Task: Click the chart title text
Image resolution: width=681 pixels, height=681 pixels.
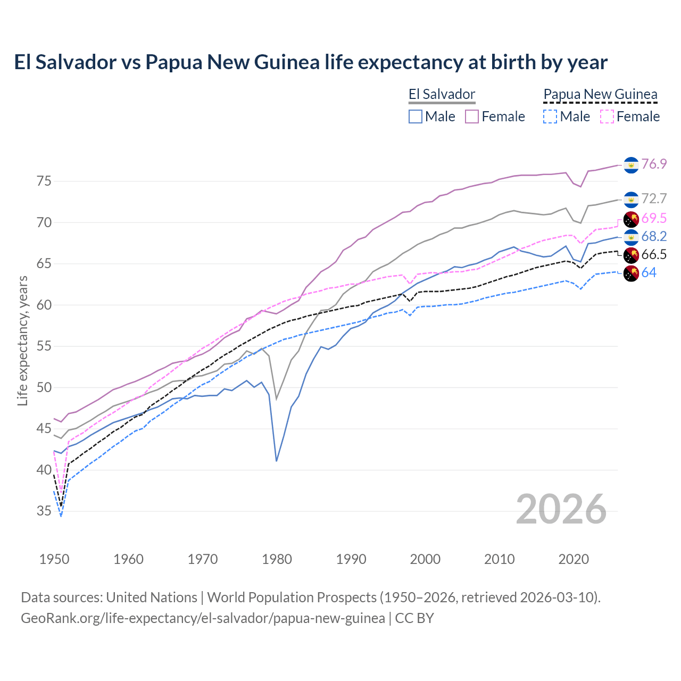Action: [x=311, y=62]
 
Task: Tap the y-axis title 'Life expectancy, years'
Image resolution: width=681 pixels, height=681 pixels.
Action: [x=22, y=340]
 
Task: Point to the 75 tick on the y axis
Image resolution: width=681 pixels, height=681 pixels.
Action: [x=44, y=181]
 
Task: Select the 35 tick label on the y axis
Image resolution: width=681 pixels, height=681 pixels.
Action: [x=44, y=511]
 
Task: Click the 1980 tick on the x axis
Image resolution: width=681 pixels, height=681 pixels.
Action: [x=277, y=559]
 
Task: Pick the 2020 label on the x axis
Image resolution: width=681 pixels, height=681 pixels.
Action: [x=574, y=559]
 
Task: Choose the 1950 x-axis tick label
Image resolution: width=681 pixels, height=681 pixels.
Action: [x=54, y=559]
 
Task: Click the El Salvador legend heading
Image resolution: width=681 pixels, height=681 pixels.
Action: [x=442, y=95]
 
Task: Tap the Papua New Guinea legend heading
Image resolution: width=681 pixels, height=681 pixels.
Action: [x=600, y=95]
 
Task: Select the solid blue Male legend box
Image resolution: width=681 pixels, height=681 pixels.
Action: [x=416, y=117]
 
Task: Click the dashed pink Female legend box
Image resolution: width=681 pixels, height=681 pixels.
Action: [x=607, y=117]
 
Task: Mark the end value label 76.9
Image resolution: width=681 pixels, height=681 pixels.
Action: [x=654, y=164]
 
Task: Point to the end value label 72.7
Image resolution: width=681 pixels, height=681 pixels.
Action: [x=654, y=198]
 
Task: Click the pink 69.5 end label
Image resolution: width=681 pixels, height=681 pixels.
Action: [x=654, y=218]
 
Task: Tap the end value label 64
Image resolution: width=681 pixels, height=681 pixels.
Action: [x=649, y=273]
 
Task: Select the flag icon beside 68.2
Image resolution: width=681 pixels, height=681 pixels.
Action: [x=631, y=237]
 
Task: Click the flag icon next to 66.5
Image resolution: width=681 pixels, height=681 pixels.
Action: [x=631, y=255]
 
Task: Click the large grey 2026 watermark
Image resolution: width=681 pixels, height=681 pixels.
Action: [x=561, y=509]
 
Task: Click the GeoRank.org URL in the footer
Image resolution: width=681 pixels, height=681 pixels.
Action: [x=203, y=618]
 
